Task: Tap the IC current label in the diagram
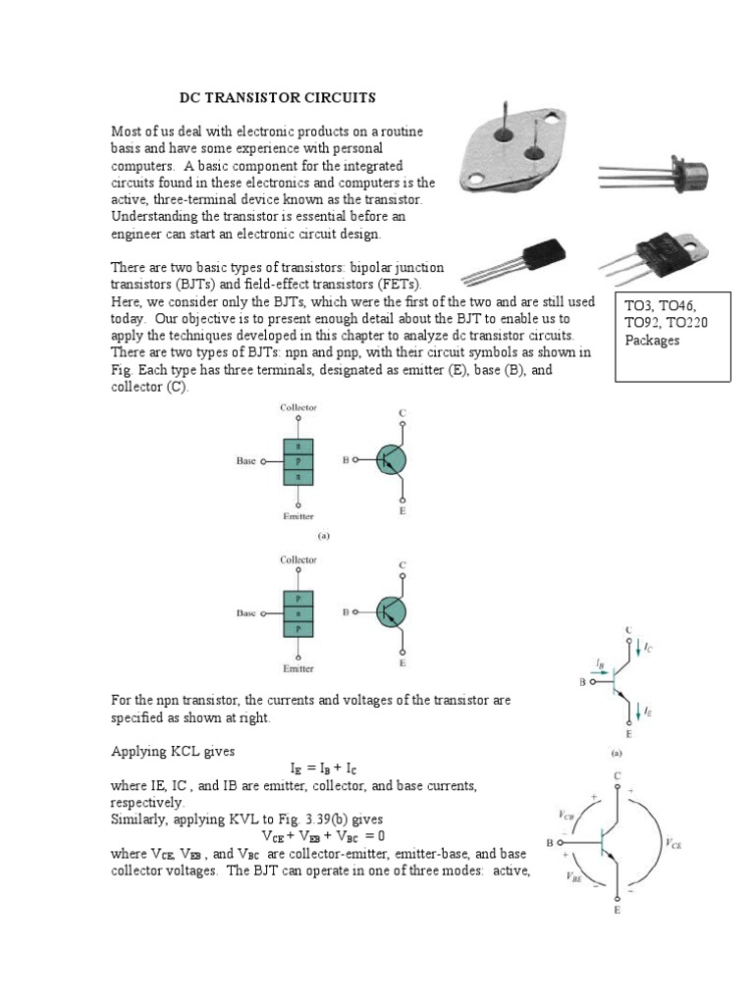coord(649,648)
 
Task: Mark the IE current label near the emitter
coord(649,712)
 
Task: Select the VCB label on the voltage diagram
coord(568,815)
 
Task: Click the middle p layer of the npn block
coord(298,460)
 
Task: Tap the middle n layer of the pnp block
coord(298,613)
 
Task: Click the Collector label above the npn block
coord(298,406)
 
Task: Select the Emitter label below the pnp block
coord(298,668)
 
